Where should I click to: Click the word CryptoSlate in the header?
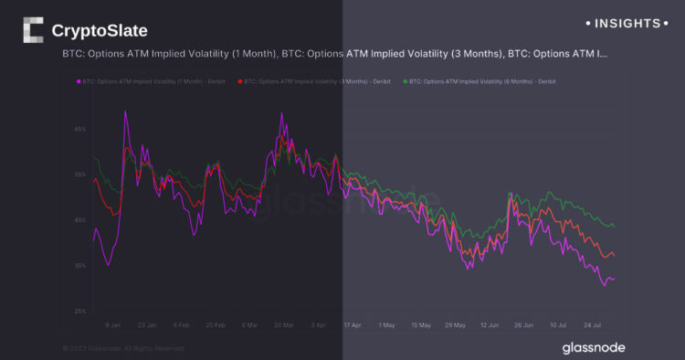[100, 30]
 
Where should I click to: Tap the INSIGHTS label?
[626, 22]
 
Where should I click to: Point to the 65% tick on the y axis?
[80, 130]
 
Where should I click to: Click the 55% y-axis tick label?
[80, 174]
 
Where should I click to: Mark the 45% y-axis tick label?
[80, 220]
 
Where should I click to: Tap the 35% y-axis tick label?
[80, 266]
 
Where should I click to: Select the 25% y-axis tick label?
[80, 312]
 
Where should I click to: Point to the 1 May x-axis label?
[387, 324]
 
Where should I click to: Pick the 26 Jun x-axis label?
[523, 324]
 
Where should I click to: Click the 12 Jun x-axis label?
[489, 324]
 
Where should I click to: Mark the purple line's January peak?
[124, 111]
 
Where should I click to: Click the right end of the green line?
[614, 227]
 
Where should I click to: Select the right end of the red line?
[614, 256]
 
